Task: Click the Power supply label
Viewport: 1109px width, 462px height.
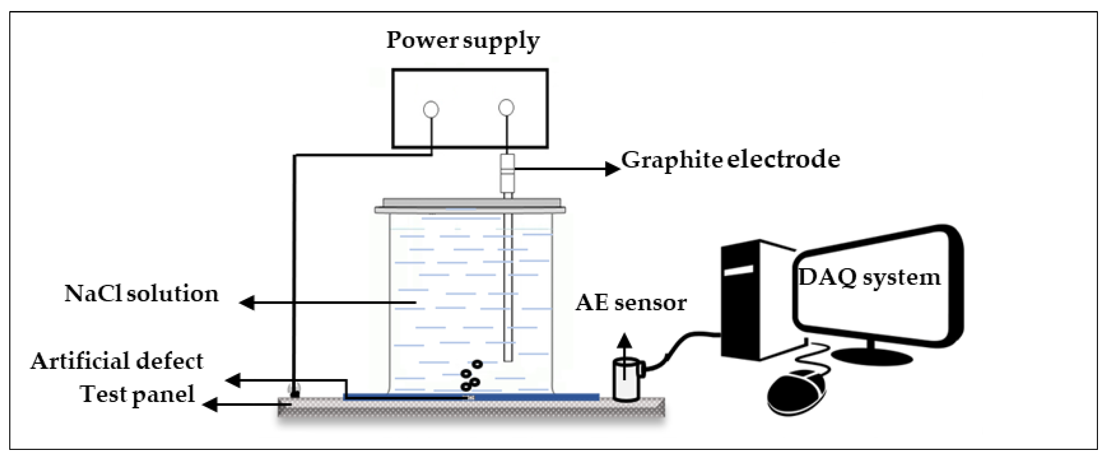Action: click(x=463, y=41)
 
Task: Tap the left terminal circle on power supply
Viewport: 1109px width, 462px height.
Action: click(x=431, y=109)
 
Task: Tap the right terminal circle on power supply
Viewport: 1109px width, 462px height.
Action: click(x=506, y=108)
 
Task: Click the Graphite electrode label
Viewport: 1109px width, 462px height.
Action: click(x=730, y=160)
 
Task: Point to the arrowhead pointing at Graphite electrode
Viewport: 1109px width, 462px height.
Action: click(x=612, y=169)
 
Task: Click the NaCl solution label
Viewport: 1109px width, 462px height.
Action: click(x=141, y=294)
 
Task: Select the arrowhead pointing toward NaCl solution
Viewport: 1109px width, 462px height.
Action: click(x=247, y=303)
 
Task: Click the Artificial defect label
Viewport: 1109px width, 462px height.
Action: click(x=117, y=361)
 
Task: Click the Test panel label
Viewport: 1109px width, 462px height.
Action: click(x=137, y=394)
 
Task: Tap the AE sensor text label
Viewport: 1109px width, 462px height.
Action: click(x=631, y=303)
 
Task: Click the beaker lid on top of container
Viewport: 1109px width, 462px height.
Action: click(x=470, y=206)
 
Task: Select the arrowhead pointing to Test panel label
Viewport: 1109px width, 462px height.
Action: click(x=210, y=405)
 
